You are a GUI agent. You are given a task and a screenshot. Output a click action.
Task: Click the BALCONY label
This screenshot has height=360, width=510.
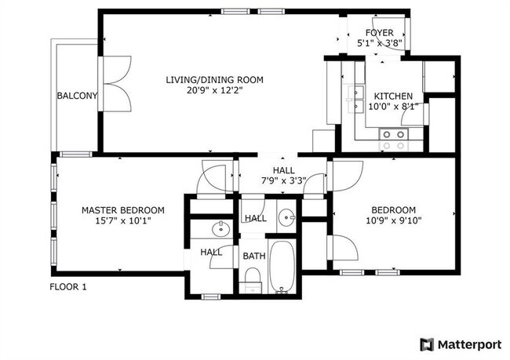[x=77, y=96]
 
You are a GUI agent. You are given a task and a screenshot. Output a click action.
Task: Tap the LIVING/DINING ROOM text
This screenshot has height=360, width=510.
[x=213, y=79]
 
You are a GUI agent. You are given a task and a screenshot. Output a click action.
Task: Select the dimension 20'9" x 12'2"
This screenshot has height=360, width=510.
[x=213, y=91]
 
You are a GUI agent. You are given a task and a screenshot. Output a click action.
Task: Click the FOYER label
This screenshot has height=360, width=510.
[x=380, y=33]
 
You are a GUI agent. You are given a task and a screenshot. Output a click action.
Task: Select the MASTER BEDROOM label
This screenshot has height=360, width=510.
[x=123, y=210]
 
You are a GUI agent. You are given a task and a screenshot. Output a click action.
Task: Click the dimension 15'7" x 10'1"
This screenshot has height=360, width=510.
[x=123, y=222]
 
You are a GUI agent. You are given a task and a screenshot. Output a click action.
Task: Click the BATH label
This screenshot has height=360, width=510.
[x=253, y=256]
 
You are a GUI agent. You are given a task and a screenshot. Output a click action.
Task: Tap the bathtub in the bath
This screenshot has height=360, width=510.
[x=282, y=266]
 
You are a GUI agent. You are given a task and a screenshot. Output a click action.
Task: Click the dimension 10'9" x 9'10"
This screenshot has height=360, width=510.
[x=393, y=222]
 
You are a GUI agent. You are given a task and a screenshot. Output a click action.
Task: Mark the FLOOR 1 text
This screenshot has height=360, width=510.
[x=68, y=287]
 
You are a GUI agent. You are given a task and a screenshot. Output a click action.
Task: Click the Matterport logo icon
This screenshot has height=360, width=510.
[x=427, y=344]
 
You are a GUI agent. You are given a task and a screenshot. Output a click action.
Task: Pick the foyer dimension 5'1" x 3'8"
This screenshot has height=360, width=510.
[x=380, y=44]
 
